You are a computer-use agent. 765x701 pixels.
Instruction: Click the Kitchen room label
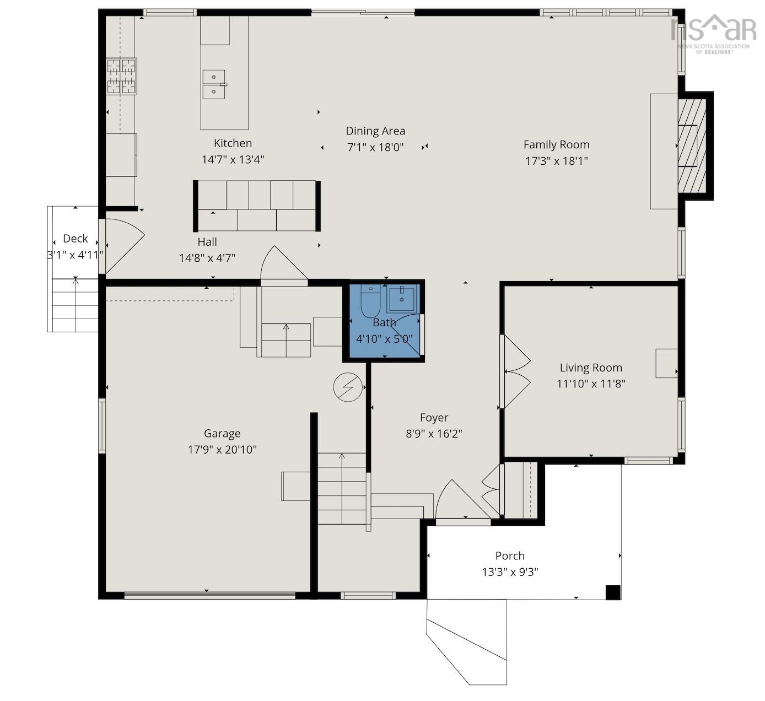pos(233,143)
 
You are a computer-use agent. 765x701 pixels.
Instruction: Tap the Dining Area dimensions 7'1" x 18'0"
pos(375,147)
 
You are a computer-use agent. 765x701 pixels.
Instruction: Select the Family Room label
pos(557,144)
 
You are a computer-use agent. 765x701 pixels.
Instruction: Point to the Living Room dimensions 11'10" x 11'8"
pos(591,384)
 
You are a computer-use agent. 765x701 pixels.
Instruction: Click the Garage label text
pos(222,433)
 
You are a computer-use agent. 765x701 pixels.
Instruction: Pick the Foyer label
pos(434,418)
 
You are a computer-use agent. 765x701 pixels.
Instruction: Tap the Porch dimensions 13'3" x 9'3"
pos(510,572)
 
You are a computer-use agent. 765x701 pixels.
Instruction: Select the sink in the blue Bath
pos(401,300)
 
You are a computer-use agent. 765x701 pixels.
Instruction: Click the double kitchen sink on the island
pos(214,84)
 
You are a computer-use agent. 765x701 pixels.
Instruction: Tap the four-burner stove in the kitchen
pos(121,76)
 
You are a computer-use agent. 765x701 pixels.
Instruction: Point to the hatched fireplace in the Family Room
pos(692,146)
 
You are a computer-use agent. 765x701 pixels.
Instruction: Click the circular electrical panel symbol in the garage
pos(347,387)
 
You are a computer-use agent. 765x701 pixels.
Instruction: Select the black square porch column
pos(613,592)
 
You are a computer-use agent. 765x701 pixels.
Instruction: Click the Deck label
pos(75,239)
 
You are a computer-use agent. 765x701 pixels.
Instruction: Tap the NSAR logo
pos(713,34)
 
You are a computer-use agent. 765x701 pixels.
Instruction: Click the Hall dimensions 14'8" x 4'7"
pos(207,258)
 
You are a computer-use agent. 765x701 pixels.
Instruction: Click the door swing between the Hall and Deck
pos(122,246)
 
